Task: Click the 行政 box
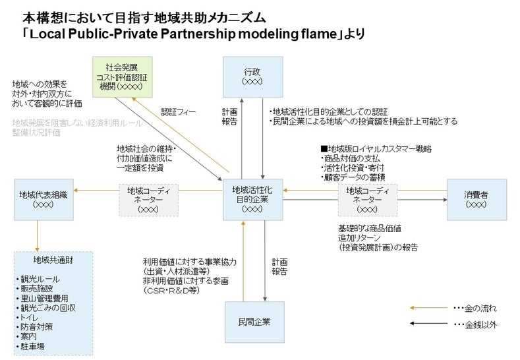pos(252,76)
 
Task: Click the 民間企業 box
pos(254,322)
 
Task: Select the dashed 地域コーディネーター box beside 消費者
pos(368,199)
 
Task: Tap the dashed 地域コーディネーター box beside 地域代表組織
pos(149,199)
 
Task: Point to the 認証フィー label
pos(178,112)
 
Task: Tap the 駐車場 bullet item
pos(33,345)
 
